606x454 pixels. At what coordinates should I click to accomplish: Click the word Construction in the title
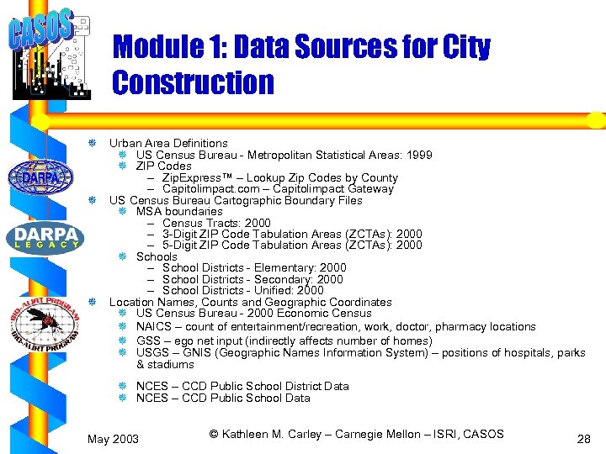[x=193, y=82]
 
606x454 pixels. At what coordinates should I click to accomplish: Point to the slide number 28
[x=584, y=439]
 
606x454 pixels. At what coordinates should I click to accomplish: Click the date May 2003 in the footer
[x=114, y=439]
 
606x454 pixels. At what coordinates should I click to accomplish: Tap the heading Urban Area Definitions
[x=168, y=143]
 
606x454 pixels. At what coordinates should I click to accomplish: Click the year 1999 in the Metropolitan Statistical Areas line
[x=418, y=155]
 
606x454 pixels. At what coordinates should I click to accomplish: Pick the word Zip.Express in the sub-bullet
[x=189, y=177]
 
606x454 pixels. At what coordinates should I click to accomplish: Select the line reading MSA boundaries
[x=179, y=212]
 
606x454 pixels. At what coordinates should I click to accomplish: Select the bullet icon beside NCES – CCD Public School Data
[x=122, y=398]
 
